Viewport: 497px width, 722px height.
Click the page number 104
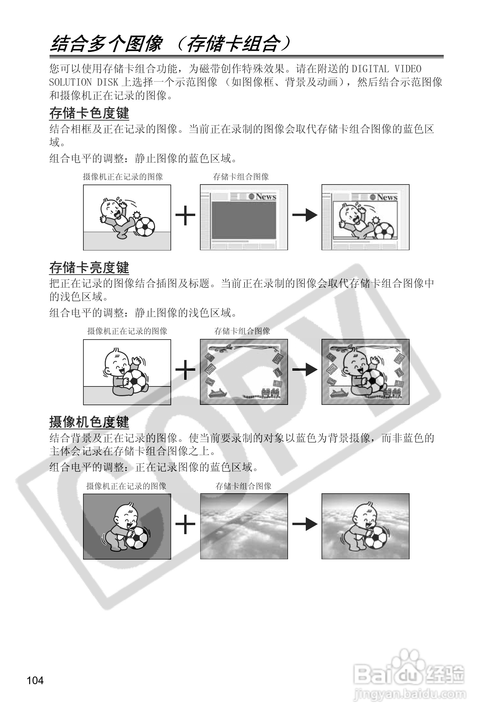[x=35, y=681]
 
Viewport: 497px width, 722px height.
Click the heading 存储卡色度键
[x=89, y=113]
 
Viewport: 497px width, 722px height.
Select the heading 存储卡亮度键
[x=89, y=268]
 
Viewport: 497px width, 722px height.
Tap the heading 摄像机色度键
[x=89, y=422]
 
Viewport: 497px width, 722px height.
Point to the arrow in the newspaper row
[x=304, y=215]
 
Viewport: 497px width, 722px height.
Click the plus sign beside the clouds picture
[x=185, y=524]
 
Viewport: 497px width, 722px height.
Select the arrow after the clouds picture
[x=304, y=524]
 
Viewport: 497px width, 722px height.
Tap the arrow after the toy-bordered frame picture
[x=304, y=370]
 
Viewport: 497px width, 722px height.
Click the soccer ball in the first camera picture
[x=145, y=227]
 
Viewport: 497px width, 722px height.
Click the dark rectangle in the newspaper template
[x=244, y=220]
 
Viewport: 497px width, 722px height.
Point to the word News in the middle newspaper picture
[x=266, y=197]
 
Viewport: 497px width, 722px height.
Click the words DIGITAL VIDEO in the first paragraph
[x=386, y=69]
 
